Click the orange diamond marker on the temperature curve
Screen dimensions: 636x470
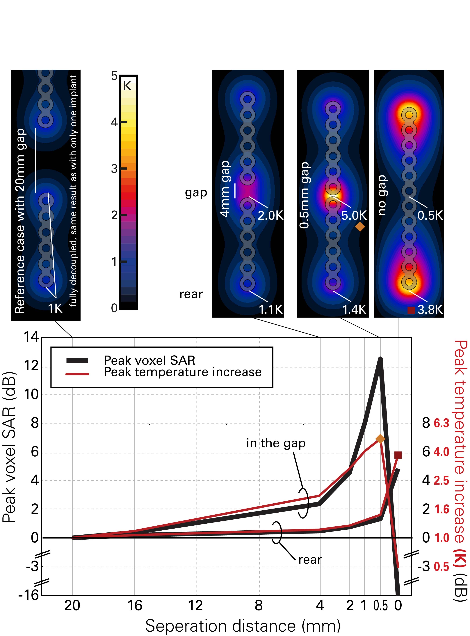(380, 439)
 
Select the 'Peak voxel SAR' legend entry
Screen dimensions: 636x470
(149, 360)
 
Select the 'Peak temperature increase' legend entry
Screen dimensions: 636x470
(182, 372)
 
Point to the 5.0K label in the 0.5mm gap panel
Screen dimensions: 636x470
(354, 215)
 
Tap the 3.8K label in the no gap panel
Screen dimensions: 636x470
(430, 309)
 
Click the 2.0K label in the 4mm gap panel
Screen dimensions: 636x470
(270, 215)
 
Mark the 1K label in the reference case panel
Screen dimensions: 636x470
(55, 308)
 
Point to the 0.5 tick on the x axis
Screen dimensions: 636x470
(381, 606)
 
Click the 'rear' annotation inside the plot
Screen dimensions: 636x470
(310, 560)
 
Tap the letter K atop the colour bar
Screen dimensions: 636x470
(127, 86)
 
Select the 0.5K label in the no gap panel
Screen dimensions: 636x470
(430, 215)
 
